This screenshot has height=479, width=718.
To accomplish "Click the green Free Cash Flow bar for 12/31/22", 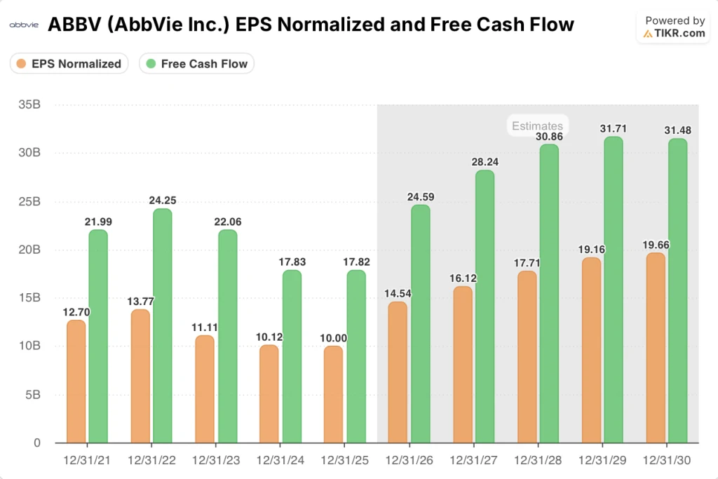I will [x=162, y=326].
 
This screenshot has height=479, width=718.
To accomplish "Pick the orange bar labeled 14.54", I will [x=398, y=372].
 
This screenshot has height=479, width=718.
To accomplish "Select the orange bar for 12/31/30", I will [x=655, y=348].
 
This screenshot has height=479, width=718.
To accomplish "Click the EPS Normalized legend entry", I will [x=69, y=64].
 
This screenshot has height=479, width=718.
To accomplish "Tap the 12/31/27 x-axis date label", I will [x=473, y=461].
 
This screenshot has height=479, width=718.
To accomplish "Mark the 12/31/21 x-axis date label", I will [x=86, y=461].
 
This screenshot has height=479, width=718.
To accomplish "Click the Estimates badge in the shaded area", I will [x=537, y=126].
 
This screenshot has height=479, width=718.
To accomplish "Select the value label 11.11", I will [x=205, y=328].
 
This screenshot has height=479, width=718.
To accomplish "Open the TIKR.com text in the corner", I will [x=679, y=33].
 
